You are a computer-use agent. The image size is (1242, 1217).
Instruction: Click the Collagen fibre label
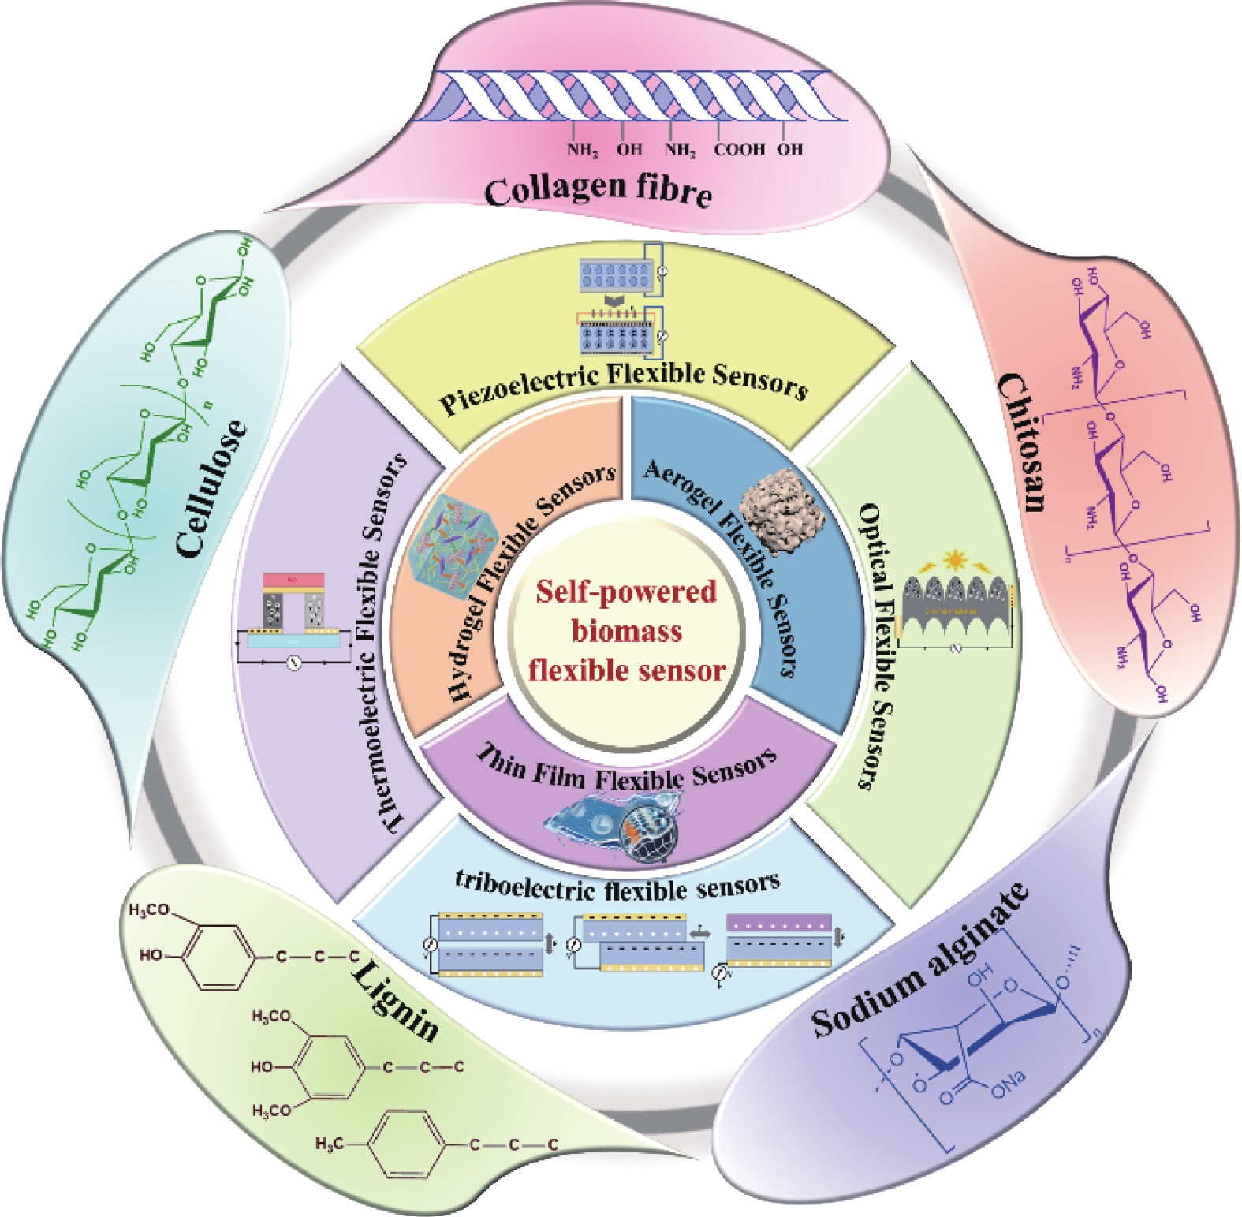(x=598, y=190)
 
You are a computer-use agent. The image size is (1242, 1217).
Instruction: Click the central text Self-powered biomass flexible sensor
(x=627, y=631)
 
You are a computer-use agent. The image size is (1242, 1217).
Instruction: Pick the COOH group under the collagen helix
(x=739, y=149)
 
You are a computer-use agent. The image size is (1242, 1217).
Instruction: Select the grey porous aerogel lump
(x=785, y=509)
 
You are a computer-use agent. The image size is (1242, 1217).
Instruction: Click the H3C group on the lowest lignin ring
(x=330, y=1143)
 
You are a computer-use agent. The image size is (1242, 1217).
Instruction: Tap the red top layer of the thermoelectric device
(x=293, y=581)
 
